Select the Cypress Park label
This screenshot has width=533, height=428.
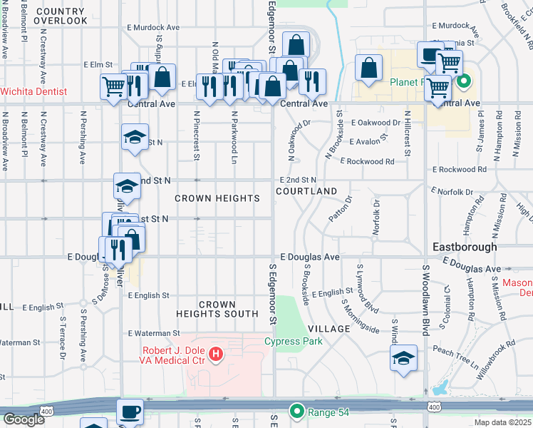(293, 341)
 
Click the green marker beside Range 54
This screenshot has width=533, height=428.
(297, 412)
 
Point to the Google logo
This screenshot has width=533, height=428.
(24, 419)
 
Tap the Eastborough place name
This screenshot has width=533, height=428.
(465, 247)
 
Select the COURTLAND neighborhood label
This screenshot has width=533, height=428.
(306, 192)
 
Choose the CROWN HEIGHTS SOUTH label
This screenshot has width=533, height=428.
(218, 309)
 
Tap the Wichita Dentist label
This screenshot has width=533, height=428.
(33, 91)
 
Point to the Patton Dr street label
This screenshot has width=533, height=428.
(341, 208)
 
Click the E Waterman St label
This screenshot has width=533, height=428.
(154, 333)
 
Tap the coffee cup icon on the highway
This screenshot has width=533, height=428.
(130, 411)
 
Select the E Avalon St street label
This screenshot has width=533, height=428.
(365, 141)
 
